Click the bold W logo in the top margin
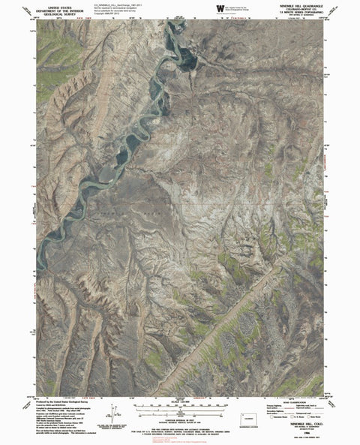219,8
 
